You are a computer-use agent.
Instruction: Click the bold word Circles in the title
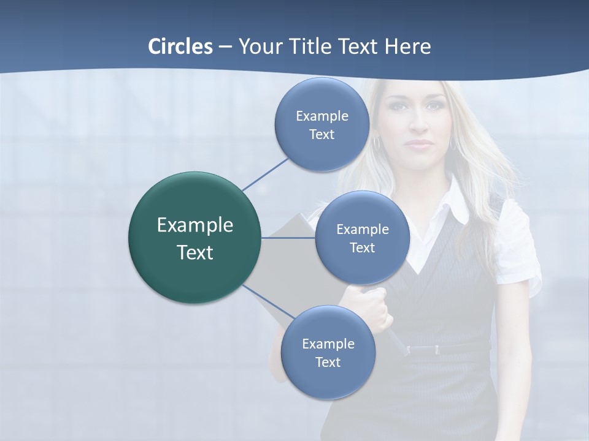(180, 46)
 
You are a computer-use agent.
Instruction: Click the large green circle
(194, 238)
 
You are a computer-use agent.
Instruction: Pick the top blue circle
(321, 124)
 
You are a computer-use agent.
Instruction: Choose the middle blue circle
(362, 238)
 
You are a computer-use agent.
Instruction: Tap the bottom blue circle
(328, 352)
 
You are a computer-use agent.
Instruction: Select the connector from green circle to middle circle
(288, 238)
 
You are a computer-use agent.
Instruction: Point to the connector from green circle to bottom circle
(263, 298)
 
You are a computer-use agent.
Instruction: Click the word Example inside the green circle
(194, 225)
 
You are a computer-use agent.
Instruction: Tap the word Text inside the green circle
(194, 252)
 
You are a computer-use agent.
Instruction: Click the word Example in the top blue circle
(321, 116)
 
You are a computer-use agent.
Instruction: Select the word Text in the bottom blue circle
(328, 362)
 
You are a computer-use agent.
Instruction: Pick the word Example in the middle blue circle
(362, 229)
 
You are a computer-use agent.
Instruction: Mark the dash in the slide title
(225, 46)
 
